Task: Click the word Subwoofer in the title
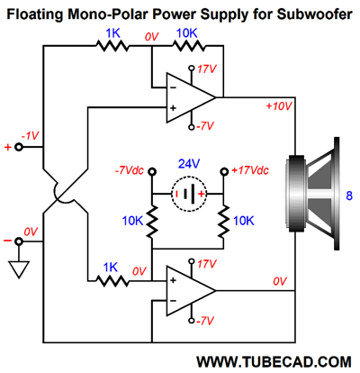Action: [314, 14]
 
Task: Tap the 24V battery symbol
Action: [189, 194]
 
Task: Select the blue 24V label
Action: [189, 164]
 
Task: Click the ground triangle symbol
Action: [19, 269]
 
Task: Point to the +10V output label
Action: [279, 106]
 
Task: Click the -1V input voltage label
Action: [30, 136]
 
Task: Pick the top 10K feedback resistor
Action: [189, 46]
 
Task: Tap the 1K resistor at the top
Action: [112, 46]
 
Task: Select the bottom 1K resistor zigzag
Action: [112, 281]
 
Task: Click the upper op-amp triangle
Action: [191, 97]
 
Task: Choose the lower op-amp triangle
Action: [191, 290]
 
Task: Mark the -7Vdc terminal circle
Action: [152, 171]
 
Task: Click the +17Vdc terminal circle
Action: [224, 171]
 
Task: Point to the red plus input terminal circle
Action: [19, 147]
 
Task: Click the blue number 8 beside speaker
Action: [349, 196]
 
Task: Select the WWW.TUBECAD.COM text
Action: [274, 361]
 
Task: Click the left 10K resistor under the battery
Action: [152, 222]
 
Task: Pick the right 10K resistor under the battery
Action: [223, 222]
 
